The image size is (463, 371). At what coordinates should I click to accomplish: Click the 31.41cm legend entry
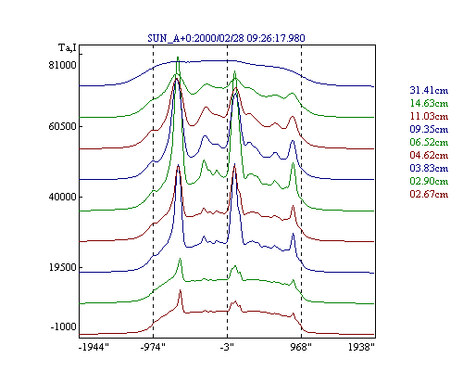tap(429, 90)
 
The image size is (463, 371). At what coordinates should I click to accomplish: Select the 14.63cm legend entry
tap(429, 103)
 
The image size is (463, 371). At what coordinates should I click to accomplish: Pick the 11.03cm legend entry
tap(429, 116)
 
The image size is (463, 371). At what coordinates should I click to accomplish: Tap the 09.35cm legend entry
tap(429, 129)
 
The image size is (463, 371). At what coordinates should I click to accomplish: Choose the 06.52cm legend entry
tap(429, 142)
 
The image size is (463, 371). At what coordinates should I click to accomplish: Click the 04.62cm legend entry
tap(429, 155)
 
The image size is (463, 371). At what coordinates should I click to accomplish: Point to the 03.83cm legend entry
tap(429, 168)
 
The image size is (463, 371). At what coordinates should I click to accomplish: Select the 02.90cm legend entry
tap(429, 181)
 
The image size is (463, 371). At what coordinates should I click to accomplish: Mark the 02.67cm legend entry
tap(429, 194)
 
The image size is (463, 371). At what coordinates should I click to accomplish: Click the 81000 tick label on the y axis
tap(62, 65)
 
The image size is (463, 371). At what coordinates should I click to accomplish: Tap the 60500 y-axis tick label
tap(62, 127)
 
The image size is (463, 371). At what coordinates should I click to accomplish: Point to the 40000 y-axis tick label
tap(62, 197)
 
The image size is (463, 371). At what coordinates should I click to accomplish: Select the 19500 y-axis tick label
tap(62, 267)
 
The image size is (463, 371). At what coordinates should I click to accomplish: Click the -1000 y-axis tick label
tap(63, 326)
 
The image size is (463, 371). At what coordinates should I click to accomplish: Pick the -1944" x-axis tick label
tap(94, 348)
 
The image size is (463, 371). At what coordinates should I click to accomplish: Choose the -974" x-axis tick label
tap(153, 348)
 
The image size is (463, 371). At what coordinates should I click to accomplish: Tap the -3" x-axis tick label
tap(227, 348)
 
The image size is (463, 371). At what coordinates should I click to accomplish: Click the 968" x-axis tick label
tap(301, 348)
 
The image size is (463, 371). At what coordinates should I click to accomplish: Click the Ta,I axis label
tap(68, 48)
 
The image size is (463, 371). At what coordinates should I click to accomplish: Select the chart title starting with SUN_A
tap(226, 38)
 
